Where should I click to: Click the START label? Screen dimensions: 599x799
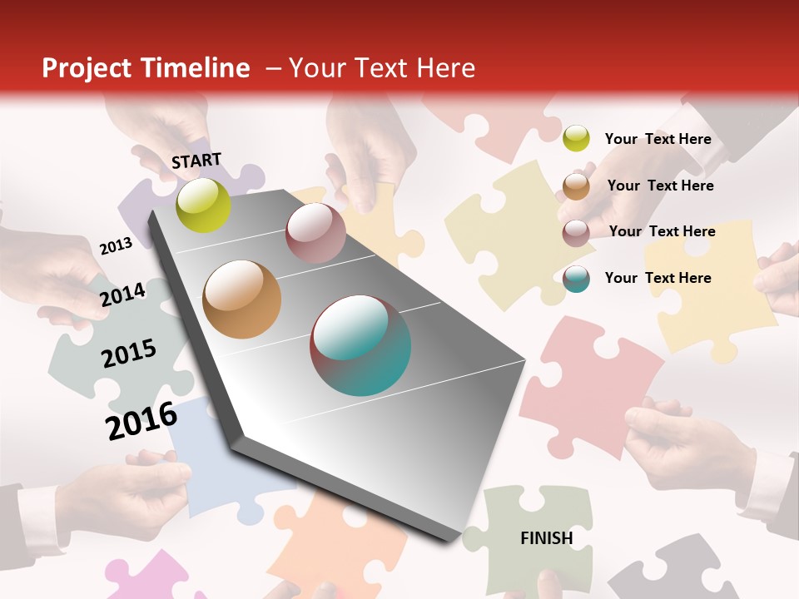196,160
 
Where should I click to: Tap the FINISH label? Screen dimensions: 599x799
546,538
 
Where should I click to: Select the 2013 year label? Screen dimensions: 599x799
116,246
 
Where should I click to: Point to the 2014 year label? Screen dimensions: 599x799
122,295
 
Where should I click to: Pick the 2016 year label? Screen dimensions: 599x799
141,420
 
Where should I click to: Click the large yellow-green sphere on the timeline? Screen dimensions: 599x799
203,205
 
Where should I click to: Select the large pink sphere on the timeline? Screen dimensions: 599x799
315,233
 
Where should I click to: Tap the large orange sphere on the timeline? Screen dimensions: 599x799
241,299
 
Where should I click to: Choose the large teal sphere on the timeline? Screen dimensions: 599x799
360,345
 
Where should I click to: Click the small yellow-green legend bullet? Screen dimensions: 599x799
576,138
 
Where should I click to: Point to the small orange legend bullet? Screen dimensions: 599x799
576,186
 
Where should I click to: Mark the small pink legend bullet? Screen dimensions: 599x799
576,232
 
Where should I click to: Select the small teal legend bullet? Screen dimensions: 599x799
576,278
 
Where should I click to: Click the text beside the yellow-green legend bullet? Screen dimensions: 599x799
658,139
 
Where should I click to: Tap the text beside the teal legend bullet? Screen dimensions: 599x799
658,278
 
